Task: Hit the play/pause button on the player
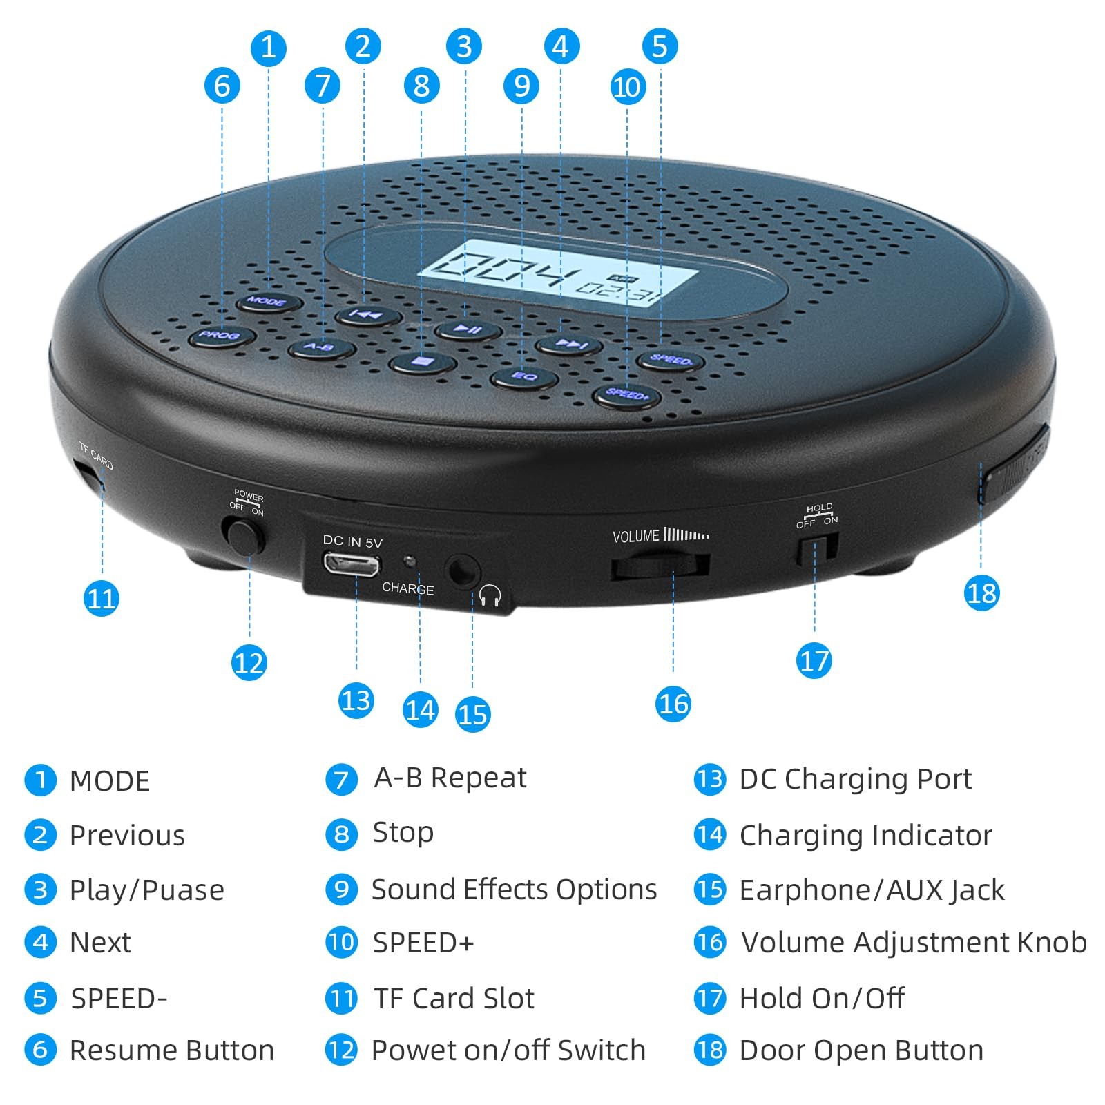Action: pos(468,329)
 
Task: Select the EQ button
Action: pos(524,376)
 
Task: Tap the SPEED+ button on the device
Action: pos(627,395)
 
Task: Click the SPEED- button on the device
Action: pos(669,359)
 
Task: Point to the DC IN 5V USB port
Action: pos(352,564)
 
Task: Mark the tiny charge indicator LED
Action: pos(410,560)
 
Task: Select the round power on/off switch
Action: pos(243,537)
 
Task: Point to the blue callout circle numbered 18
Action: pos(981,593)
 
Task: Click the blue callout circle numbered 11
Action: pos(102,598)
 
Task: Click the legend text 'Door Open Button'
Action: pos(861,1050)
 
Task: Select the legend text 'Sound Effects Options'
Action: pos(514,890)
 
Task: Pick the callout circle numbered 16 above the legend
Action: pos(673,704)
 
